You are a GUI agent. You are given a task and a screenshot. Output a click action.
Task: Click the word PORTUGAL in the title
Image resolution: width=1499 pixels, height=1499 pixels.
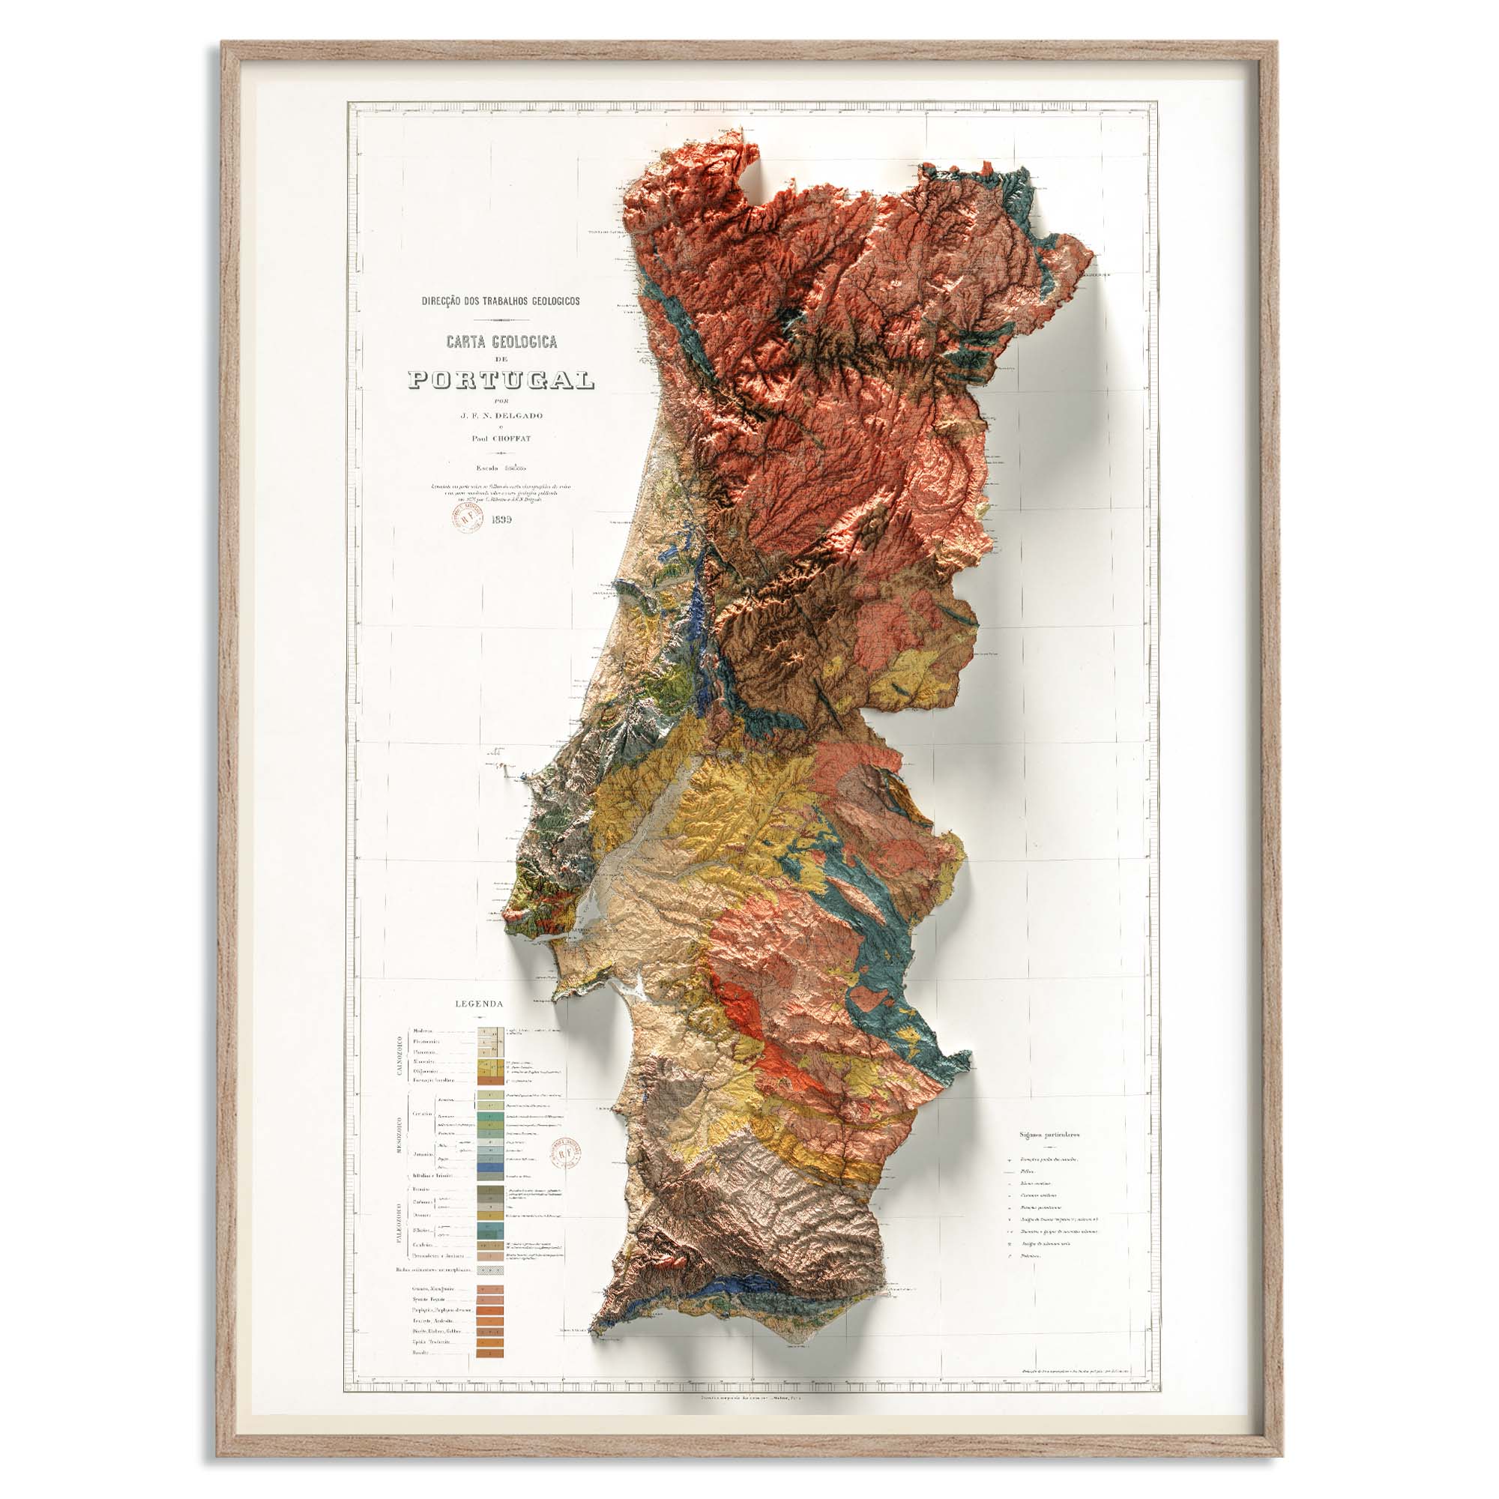(x=501, y=379)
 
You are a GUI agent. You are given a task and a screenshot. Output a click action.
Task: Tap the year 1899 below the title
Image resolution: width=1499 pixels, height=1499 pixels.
(x=501, y=520)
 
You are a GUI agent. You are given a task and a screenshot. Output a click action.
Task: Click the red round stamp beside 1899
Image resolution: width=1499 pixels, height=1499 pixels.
(x=468, y=516)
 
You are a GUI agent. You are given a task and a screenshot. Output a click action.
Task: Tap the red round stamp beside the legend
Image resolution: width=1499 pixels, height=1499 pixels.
(x=566, y=1154)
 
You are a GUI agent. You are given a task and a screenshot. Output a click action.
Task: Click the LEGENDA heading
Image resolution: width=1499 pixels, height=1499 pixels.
(x=480, y=1004)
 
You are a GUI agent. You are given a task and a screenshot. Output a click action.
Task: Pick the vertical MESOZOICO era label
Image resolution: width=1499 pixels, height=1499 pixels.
(x=399, y=1136)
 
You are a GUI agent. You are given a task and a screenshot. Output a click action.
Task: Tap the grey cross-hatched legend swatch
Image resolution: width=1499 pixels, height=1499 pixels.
(x=489, y=1270)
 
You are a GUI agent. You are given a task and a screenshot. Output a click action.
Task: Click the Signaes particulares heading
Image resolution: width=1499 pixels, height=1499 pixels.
(x=1049, y=1134)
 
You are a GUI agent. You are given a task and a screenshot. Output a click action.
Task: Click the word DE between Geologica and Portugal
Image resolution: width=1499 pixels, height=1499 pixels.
(x=501, y=358)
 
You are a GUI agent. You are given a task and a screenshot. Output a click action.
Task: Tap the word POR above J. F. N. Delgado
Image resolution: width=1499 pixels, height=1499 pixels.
(x=501, y=401)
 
